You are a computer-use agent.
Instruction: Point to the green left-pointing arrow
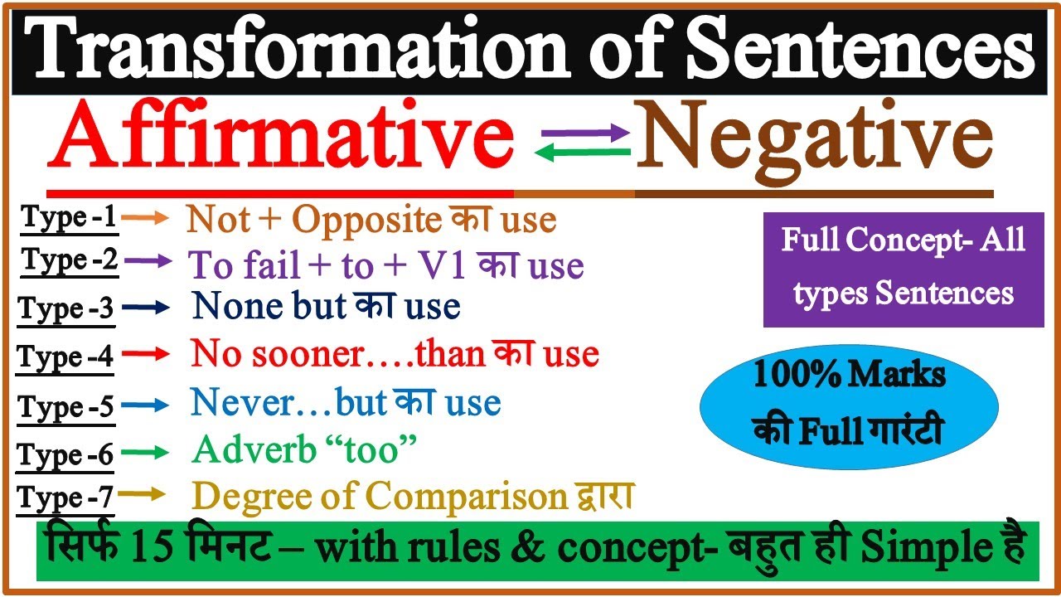[583, 152]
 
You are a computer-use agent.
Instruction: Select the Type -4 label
[65, 357]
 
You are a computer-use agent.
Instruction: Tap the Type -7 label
[65, 498]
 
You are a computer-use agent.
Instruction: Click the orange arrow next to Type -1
[149, 218]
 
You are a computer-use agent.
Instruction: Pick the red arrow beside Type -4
[149, 355]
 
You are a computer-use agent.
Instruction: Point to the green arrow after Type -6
[149, 452]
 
